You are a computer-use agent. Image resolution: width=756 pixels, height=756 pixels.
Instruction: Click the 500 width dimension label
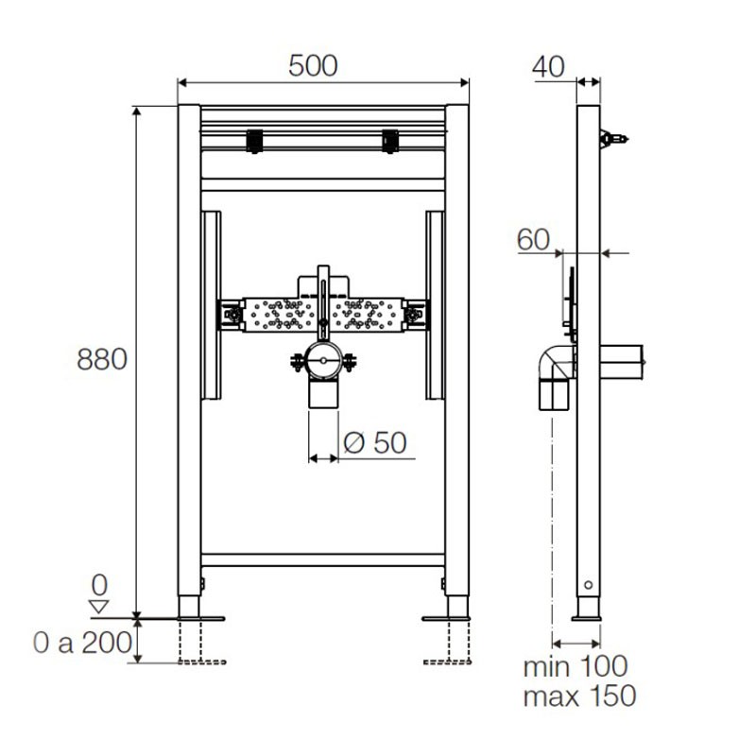coord(313,66)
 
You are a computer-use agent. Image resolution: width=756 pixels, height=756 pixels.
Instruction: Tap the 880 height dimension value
coord(102,359)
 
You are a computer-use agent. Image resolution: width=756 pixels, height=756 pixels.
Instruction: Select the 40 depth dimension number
coord(548,67)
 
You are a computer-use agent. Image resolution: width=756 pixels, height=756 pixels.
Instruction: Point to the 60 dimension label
coord(533,240)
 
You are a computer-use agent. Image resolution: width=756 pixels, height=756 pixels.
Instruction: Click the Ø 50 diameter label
coord(375,442)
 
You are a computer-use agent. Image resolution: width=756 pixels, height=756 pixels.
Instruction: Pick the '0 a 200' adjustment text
coord(82,643)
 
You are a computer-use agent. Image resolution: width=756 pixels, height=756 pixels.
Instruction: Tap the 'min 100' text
coord(576,666)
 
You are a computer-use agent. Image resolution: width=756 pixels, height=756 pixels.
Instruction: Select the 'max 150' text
coord(579,696)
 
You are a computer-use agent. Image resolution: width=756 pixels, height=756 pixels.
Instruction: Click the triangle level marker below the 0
coord(99,607)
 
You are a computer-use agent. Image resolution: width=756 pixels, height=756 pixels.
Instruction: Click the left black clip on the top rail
coord(254,141)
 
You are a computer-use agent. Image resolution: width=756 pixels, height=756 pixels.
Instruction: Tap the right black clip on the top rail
coord(390,141)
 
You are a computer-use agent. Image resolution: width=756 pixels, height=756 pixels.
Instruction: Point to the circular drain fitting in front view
coord(323,360)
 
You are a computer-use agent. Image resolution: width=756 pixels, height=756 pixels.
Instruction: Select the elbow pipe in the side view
coord(557,377)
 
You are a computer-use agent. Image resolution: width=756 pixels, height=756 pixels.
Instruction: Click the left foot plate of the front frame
coord(200,619)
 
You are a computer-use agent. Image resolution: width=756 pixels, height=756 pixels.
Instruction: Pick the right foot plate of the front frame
coord(446,619)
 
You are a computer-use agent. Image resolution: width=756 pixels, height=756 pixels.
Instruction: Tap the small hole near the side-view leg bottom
coord(588,585)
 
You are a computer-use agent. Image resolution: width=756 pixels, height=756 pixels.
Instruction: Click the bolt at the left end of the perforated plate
coord(233,315)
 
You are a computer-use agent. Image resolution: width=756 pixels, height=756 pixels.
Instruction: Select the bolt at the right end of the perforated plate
coord(413,315)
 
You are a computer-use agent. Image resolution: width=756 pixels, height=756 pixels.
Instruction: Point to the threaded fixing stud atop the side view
coord(613,139)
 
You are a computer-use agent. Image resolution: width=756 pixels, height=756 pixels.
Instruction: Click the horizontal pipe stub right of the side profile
coord(622,362)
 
